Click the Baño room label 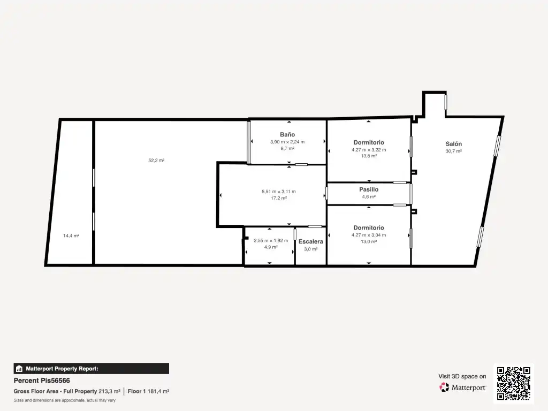287,134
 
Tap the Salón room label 454,144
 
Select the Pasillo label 369,189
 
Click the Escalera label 311,241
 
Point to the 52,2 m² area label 156,161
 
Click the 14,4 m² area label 71,235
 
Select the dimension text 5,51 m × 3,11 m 278,192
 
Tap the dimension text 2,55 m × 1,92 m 271,240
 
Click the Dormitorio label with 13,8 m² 369,142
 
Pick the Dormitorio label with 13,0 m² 369,228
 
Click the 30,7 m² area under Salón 454,151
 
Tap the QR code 513,383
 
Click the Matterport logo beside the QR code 463,387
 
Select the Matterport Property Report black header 91,369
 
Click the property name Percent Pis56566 42,380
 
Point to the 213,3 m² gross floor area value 109,391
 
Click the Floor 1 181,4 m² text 149,391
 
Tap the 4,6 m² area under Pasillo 369,197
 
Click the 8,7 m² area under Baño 287,149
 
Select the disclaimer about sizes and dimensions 64,400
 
